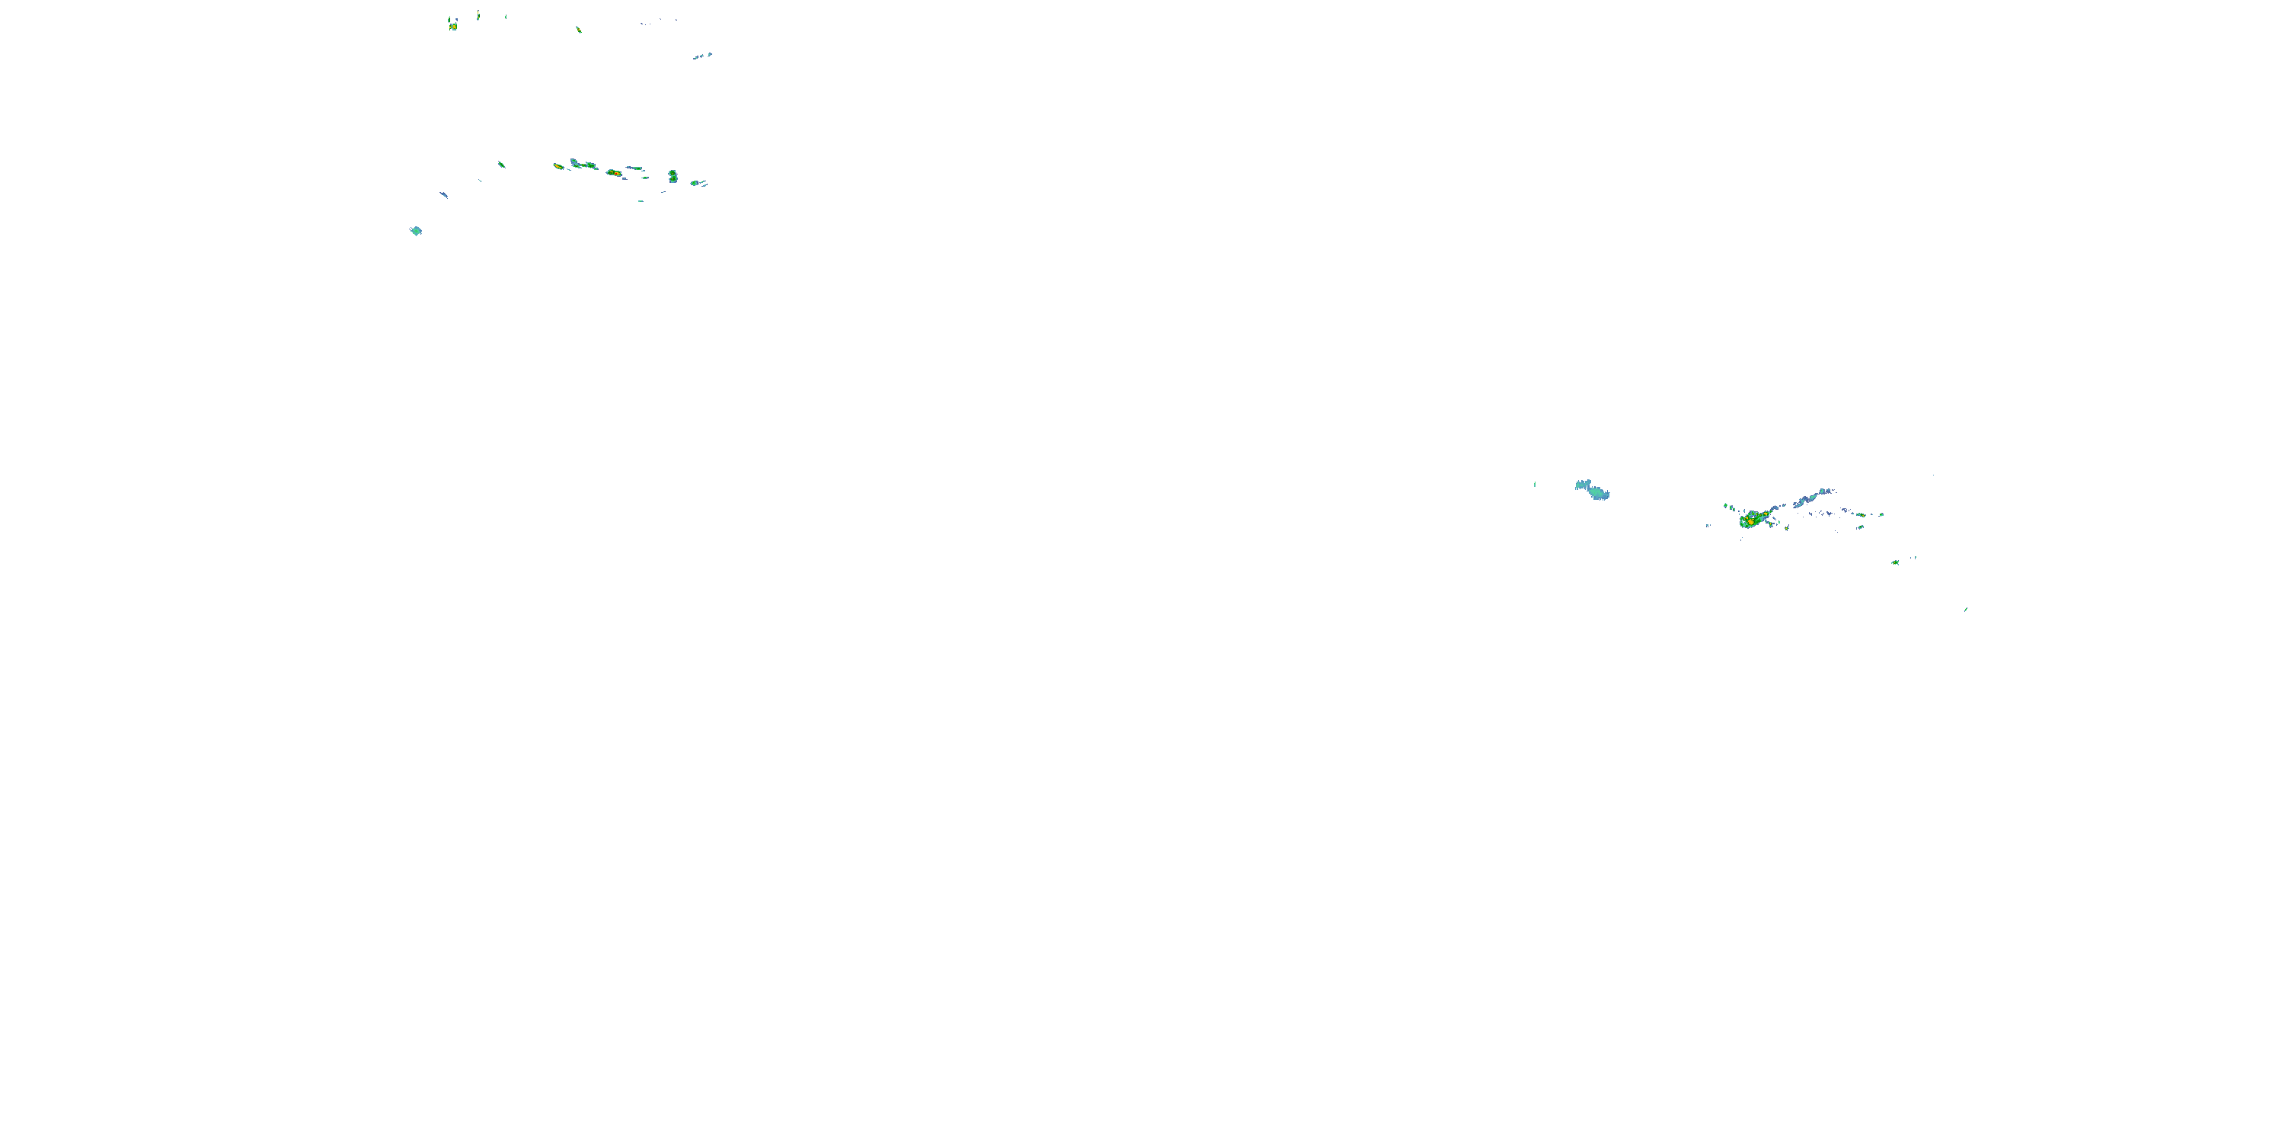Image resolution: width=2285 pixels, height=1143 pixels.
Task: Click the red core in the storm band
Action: point(614,172)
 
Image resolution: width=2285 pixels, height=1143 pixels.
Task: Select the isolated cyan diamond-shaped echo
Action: point(416,231)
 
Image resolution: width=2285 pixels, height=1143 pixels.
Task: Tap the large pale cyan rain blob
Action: point(1593,490)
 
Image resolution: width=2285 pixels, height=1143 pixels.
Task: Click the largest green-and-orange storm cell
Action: point(1751,520)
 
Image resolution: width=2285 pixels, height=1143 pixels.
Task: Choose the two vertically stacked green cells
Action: point(673,176)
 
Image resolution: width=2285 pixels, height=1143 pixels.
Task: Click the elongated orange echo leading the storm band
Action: point(559,166)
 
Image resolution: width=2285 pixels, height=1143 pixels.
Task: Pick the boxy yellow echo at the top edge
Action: point(452,24)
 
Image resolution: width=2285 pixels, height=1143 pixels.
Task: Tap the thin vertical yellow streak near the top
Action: point(478,14)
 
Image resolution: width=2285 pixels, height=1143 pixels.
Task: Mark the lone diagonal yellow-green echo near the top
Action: point(578,29)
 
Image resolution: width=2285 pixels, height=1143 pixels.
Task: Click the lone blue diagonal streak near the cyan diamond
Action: point(443,194)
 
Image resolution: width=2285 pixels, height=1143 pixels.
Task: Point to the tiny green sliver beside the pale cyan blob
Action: point(1535,484)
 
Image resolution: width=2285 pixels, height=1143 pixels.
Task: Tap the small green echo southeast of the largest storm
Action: point(1895,562)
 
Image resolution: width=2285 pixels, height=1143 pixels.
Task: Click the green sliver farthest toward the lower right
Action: point(1967,609)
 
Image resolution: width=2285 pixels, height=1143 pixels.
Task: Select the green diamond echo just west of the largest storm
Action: point(1726,507)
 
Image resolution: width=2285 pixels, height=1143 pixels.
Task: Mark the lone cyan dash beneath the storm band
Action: point(641,200)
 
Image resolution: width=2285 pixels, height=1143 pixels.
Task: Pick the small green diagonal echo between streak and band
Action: point(501,163)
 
